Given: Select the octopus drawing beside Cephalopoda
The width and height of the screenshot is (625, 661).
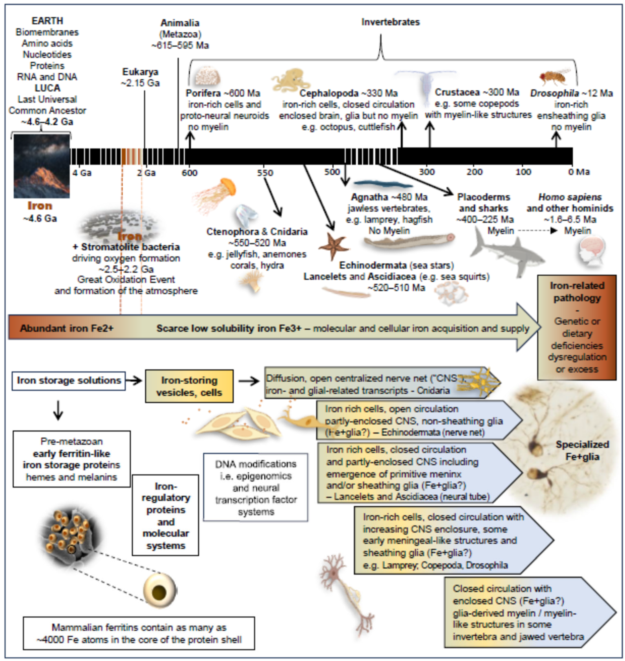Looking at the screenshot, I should pos(288,80).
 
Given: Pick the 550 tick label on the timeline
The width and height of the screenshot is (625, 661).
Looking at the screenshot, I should pos(265,173).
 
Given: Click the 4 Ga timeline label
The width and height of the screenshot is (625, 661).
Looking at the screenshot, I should pos(82,173).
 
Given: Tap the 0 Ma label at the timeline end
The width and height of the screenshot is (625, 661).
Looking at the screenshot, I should pos(579,172).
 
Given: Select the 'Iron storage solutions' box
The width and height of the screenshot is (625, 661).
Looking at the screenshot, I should pos(69,380).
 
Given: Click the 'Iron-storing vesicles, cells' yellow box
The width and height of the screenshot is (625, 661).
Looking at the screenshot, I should pos(189,386).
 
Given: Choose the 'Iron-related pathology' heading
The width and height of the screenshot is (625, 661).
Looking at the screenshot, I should pos(577,292).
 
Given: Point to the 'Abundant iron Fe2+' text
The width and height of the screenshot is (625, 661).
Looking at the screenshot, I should pos(67,328).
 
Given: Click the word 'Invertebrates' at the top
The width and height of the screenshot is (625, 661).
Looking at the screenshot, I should pos(391,22).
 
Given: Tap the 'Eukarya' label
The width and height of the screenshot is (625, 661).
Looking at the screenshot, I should pos(140,72).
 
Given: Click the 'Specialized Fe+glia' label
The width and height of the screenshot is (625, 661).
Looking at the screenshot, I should pos(582,450).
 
